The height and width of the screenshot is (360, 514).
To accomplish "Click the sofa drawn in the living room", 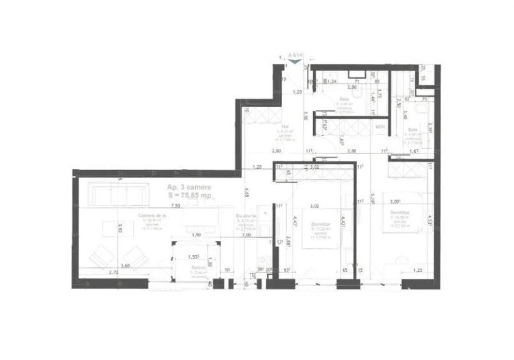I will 116,193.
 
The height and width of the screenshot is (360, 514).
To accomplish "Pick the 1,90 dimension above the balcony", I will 197,235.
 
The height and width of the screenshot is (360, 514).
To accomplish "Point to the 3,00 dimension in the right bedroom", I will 396,200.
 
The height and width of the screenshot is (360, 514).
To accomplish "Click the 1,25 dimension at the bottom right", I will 417,271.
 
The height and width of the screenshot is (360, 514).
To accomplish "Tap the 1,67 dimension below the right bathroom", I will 414,151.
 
